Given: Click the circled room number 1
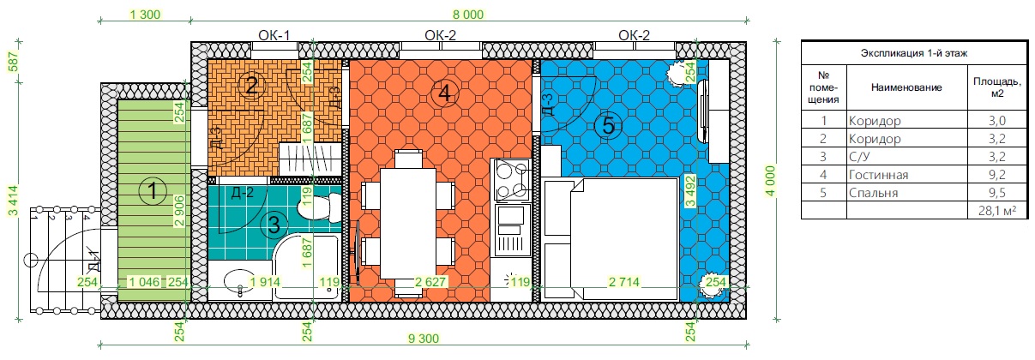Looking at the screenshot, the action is [153, 191].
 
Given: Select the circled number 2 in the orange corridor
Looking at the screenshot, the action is [251, 85].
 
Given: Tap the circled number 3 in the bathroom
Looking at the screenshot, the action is [274, 225].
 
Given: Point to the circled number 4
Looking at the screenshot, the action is [444, 93].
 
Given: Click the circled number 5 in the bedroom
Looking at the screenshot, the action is [608, 126].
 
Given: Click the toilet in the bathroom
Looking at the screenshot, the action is [320, 208].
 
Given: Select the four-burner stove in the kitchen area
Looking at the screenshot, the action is [511, 179].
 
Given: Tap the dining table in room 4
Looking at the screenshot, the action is [408, 223].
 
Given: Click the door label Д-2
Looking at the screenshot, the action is [243, 192].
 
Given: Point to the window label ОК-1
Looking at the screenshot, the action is [274, 35].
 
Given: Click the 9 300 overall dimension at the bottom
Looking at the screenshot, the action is [424, 339].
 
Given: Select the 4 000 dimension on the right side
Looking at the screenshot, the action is [771, 181].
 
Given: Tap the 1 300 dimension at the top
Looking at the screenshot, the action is [145, 15].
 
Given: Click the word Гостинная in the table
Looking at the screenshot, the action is [878, 175].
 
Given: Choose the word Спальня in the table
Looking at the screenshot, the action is [873, 193].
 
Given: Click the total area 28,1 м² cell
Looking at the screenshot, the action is [997, 211].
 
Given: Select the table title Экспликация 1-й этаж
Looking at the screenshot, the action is [914, 53].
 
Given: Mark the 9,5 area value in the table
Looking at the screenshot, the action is [997, 193].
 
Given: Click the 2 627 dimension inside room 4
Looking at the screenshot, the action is [430, 281].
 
